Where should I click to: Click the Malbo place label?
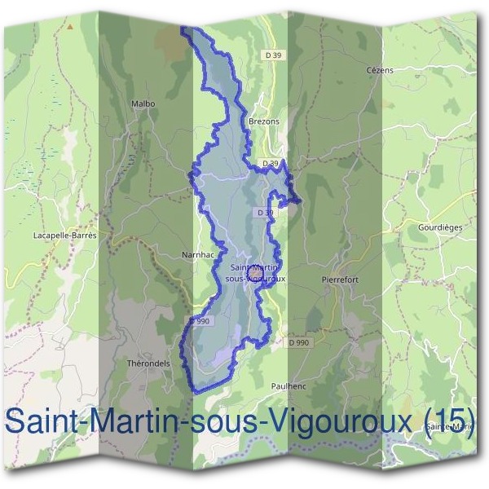pyautogui.click(x=143, y=104)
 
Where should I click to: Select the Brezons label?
pyautogui.click(x=262, y=121)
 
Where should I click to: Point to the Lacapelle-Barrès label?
pyautogui.click(x=64, y=235)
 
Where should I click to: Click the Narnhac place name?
pyautogui.click(x=198, y=254)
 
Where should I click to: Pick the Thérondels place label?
pyautogui.click(x=148, y=363)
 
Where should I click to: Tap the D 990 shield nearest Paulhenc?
pyautogui.click(x=299, y=343)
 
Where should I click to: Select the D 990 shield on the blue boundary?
pyautogui.click(x=200, y=321)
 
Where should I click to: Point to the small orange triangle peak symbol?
pyautogui.click(x=71, y=26)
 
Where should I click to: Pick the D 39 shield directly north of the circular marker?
pyautogui.click(x=263, y=213)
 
